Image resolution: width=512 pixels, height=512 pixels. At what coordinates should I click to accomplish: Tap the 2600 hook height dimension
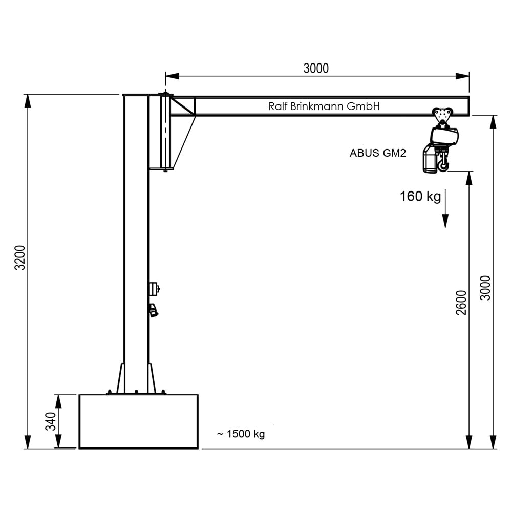[x=461, y=302]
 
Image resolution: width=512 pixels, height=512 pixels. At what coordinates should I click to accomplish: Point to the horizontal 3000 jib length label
[x=316, y=68]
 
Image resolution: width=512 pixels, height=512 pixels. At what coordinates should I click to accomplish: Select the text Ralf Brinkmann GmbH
[x=324, y=106]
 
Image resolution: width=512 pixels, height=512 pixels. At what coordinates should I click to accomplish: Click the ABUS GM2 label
[x=378, y=153]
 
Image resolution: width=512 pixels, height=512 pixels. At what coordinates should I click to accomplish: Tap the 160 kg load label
[x=420, y=197]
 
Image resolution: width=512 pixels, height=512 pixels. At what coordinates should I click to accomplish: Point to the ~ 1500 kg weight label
[x=241, y=434]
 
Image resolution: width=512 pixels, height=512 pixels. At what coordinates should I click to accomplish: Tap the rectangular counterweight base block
[x=138, y=421]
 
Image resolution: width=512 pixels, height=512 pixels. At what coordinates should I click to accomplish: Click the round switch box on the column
[x=154, y=289]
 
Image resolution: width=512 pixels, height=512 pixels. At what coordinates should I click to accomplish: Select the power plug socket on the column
[x=153, y=310]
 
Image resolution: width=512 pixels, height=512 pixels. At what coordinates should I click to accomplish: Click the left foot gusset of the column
[x=120, y=378]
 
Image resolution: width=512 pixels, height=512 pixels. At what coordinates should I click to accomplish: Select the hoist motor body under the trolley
[x=444, y=136]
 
